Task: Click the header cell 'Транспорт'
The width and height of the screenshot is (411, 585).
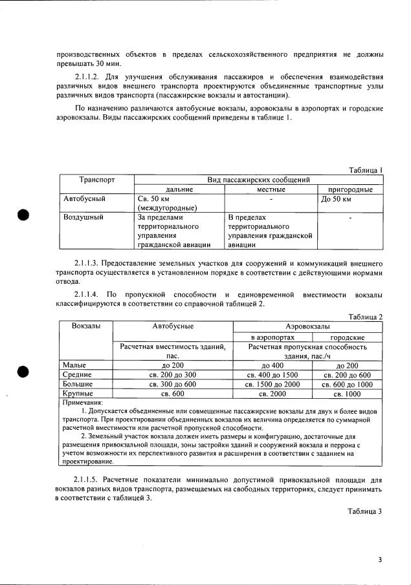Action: tap(97, 179)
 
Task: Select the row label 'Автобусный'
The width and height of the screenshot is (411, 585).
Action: tap(84, 199)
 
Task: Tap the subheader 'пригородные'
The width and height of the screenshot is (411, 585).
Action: tap(350, 189)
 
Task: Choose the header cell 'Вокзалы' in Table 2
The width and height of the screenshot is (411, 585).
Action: tap(85, 326)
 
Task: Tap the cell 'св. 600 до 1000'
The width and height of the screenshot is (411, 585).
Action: tap(348, 384)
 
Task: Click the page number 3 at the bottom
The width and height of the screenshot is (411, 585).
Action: tap(381, 560)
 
